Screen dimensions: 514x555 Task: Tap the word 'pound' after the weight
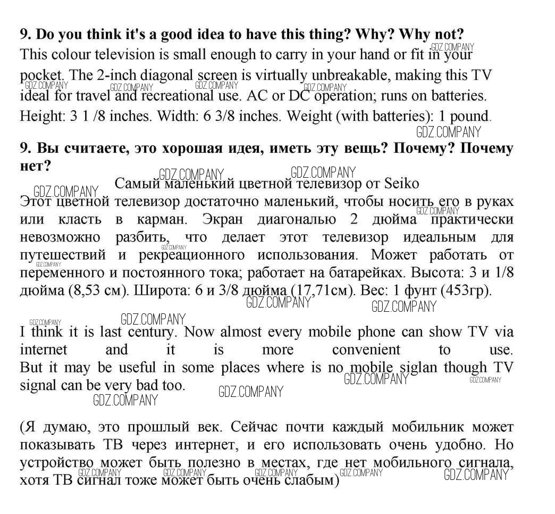click(469, 116)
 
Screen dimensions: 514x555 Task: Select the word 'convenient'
click(366, 350)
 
